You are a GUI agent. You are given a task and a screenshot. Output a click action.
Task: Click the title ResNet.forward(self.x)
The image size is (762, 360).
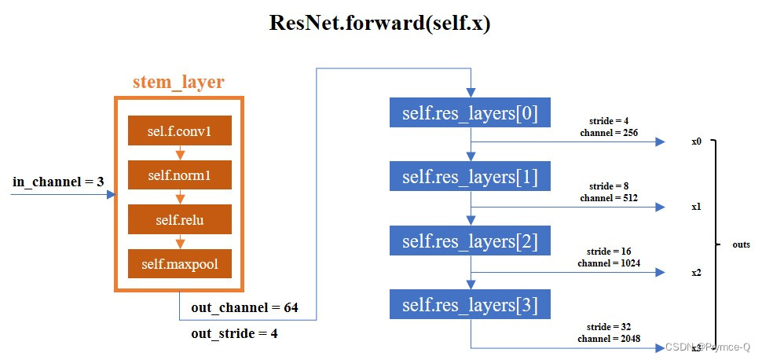[x=380, y=23]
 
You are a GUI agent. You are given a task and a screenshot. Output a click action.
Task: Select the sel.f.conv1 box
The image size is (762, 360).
[x=179, y=130]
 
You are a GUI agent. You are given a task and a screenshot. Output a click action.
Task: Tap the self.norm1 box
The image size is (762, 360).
[x=179, y=175]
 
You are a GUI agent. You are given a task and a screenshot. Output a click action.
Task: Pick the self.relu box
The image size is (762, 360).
[x=179, y=220]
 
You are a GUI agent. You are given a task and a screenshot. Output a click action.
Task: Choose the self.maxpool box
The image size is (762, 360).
[x=179, y=264]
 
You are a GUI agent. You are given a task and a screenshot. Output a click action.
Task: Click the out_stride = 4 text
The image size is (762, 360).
[x=234, y=333]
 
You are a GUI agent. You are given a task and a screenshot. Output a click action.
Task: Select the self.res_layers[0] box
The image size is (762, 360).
[x=470, y=113]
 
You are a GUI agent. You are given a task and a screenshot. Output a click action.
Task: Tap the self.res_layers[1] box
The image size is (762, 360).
[x=470, y=177]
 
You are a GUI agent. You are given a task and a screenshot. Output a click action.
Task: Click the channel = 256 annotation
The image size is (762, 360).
[x=610, y=133]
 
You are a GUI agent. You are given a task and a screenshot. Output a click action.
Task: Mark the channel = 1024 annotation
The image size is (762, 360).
[x=610, y=263]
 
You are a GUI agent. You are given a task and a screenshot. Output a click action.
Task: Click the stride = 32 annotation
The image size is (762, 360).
[x=610, y=326]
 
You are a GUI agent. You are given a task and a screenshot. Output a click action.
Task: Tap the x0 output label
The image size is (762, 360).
[x=696, y=142]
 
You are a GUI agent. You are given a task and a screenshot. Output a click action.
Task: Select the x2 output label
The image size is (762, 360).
[x=696, y=272]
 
